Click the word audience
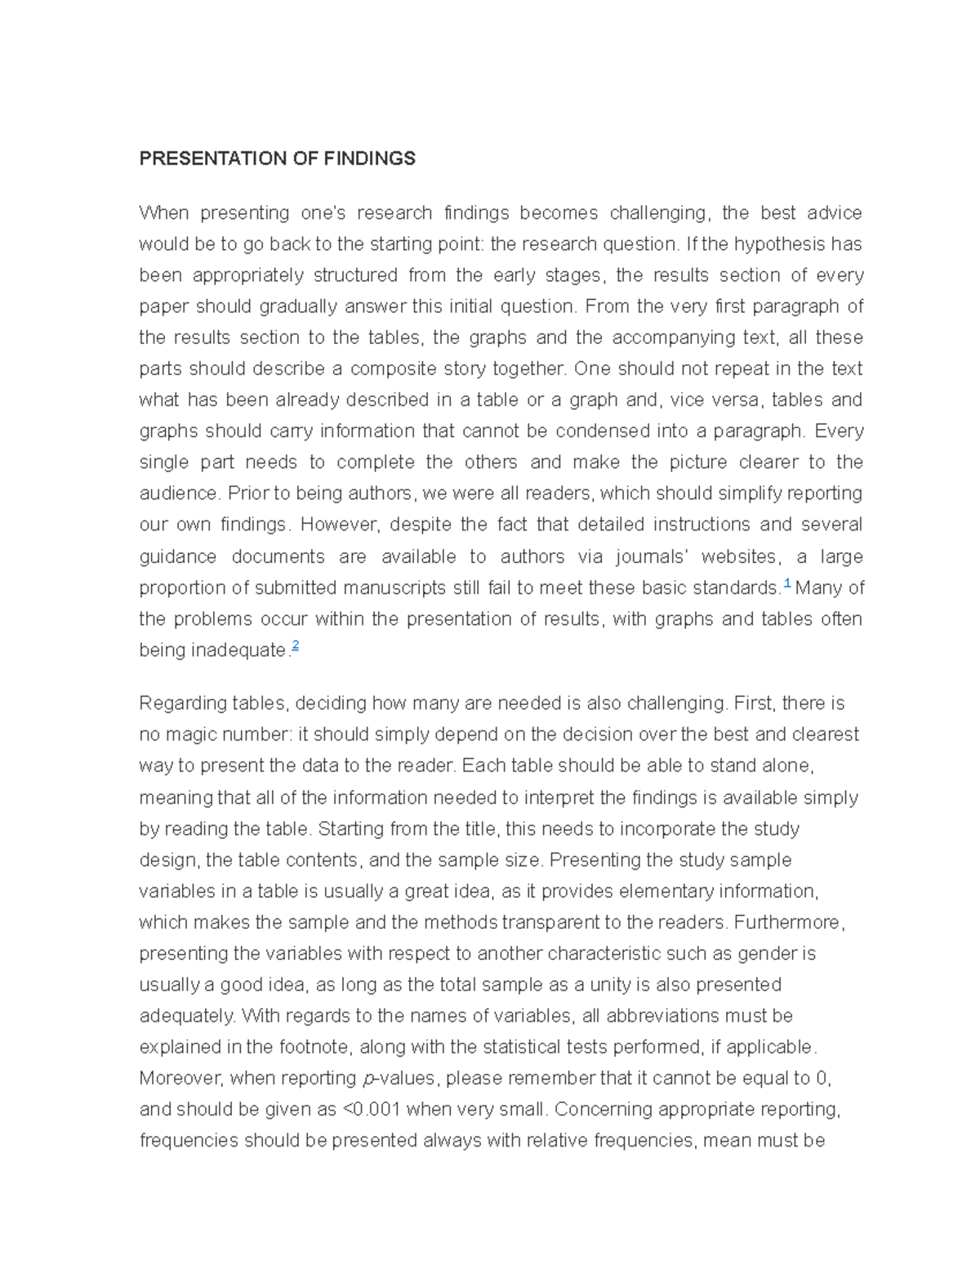[179, 494]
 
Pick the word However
[346, 525]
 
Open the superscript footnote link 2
[296, 646]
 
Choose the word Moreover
[180, 1079]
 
